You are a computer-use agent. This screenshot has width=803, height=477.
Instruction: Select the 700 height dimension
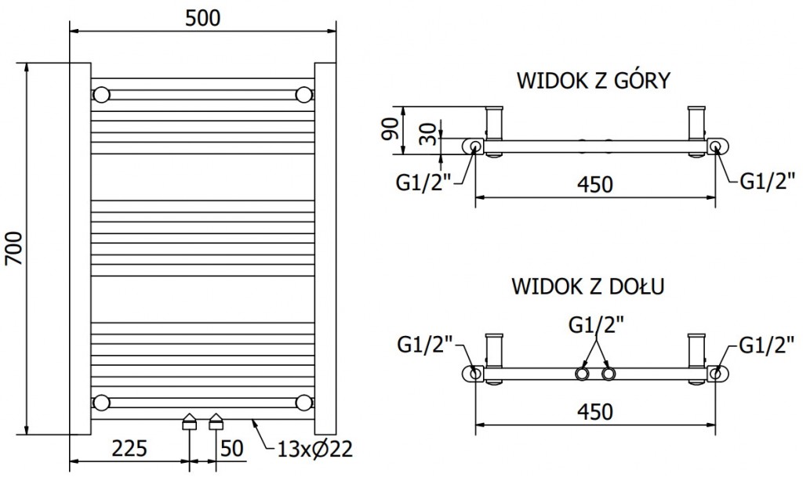pos(15,249)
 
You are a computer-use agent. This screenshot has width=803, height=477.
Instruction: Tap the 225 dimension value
pos(129,449)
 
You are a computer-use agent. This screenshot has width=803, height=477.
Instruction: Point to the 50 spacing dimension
pos(233,449)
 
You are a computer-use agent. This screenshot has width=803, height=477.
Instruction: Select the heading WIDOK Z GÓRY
pos(593,81)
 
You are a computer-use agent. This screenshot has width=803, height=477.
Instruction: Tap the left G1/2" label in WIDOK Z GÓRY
pos(423,183)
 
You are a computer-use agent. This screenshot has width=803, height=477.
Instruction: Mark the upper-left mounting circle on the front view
pos(101,96)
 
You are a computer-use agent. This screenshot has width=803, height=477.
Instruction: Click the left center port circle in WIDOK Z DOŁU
pos(583,374)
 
